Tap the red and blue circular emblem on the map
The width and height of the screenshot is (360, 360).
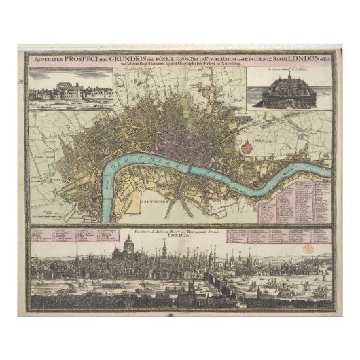point(247,145)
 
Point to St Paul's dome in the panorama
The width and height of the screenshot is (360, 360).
point(127,245)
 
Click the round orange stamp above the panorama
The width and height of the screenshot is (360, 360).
point(309,249)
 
